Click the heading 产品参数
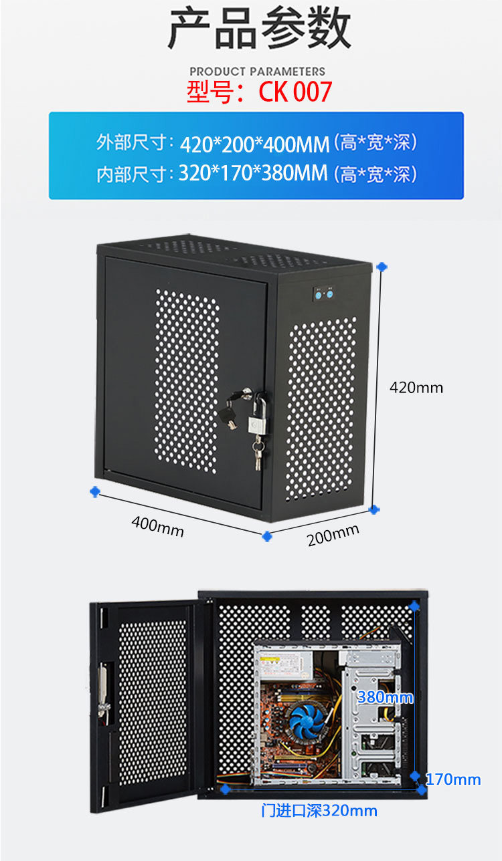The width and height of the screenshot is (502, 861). pos(259,29)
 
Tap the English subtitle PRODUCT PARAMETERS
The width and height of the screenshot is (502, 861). pos(257,71)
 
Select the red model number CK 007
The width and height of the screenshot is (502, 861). pos(295,92)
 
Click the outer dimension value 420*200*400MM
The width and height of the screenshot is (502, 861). pos(254,143)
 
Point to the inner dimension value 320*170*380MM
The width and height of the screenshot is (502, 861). pos(253,174)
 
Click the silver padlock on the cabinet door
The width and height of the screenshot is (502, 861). pos(258,422)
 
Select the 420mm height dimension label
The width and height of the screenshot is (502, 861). pos(416,387)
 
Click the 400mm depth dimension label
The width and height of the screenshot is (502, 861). pos(157,525)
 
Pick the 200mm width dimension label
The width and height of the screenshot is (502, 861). pos(333,534)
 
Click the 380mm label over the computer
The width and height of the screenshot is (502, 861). pos(385,698)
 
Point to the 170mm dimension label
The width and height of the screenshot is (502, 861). pos(453,779)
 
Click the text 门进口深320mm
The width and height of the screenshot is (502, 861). pos(319,811)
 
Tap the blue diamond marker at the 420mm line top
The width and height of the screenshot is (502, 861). pos(382,267)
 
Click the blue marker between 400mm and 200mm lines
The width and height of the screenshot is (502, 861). pos(267,535)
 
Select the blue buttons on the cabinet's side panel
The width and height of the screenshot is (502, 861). pos(323,294)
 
